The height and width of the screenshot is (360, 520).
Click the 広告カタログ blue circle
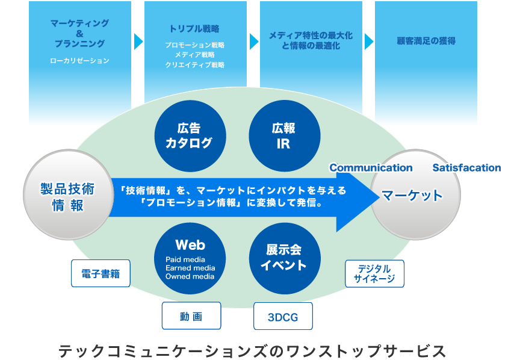[190, 135]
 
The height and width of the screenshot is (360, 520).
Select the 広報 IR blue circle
[283, 135]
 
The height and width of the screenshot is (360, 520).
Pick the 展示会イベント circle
[283, 258]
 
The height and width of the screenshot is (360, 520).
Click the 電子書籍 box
[101, 273]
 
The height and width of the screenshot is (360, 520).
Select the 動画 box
[191, 315]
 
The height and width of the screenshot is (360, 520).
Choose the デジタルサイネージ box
[374, 274]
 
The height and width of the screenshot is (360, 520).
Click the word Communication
[371, 168]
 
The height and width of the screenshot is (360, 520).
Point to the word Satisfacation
[466, 168]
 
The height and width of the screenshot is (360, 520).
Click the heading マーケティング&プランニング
[79, 33]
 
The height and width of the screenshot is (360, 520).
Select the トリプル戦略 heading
[194, 28]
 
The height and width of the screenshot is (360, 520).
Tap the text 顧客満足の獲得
[426, 41]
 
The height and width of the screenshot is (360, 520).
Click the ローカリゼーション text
[79, 61]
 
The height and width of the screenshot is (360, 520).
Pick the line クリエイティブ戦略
[194, 64]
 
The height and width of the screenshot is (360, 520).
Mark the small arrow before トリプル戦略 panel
[138, 42]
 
